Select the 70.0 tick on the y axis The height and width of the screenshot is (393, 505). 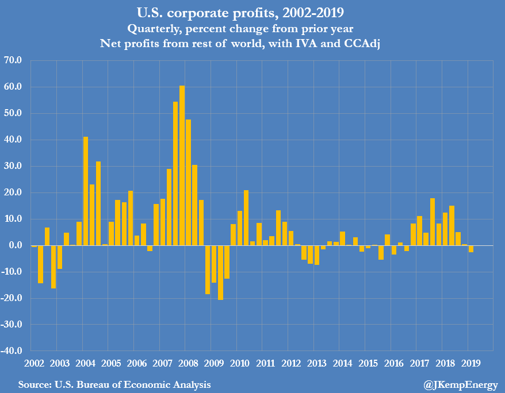coord(13,60)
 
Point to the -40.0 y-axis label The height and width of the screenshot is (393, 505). coord(12,351)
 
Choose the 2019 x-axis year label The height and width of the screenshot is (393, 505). coord(471,363)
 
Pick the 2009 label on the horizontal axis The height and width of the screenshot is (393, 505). coord(214,363)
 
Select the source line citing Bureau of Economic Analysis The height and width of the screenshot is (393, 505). coord(114,384)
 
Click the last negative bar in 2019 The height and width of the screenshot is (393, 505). coord(471,249)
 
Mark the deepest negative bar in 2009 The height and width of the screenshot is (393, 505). coord(220,272)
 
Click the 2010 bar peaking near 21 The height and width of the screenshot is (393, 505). coord(246,218)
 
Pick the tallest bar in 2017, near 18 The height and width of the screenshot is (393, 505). coord(433,222)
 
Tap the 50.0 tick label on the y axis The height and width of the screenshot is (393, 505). coord(13,113)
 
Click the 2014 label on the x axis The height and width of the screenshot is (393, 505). coord(342,363)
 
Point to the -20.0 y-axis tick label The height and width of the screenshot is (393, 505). coord(12,298)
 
